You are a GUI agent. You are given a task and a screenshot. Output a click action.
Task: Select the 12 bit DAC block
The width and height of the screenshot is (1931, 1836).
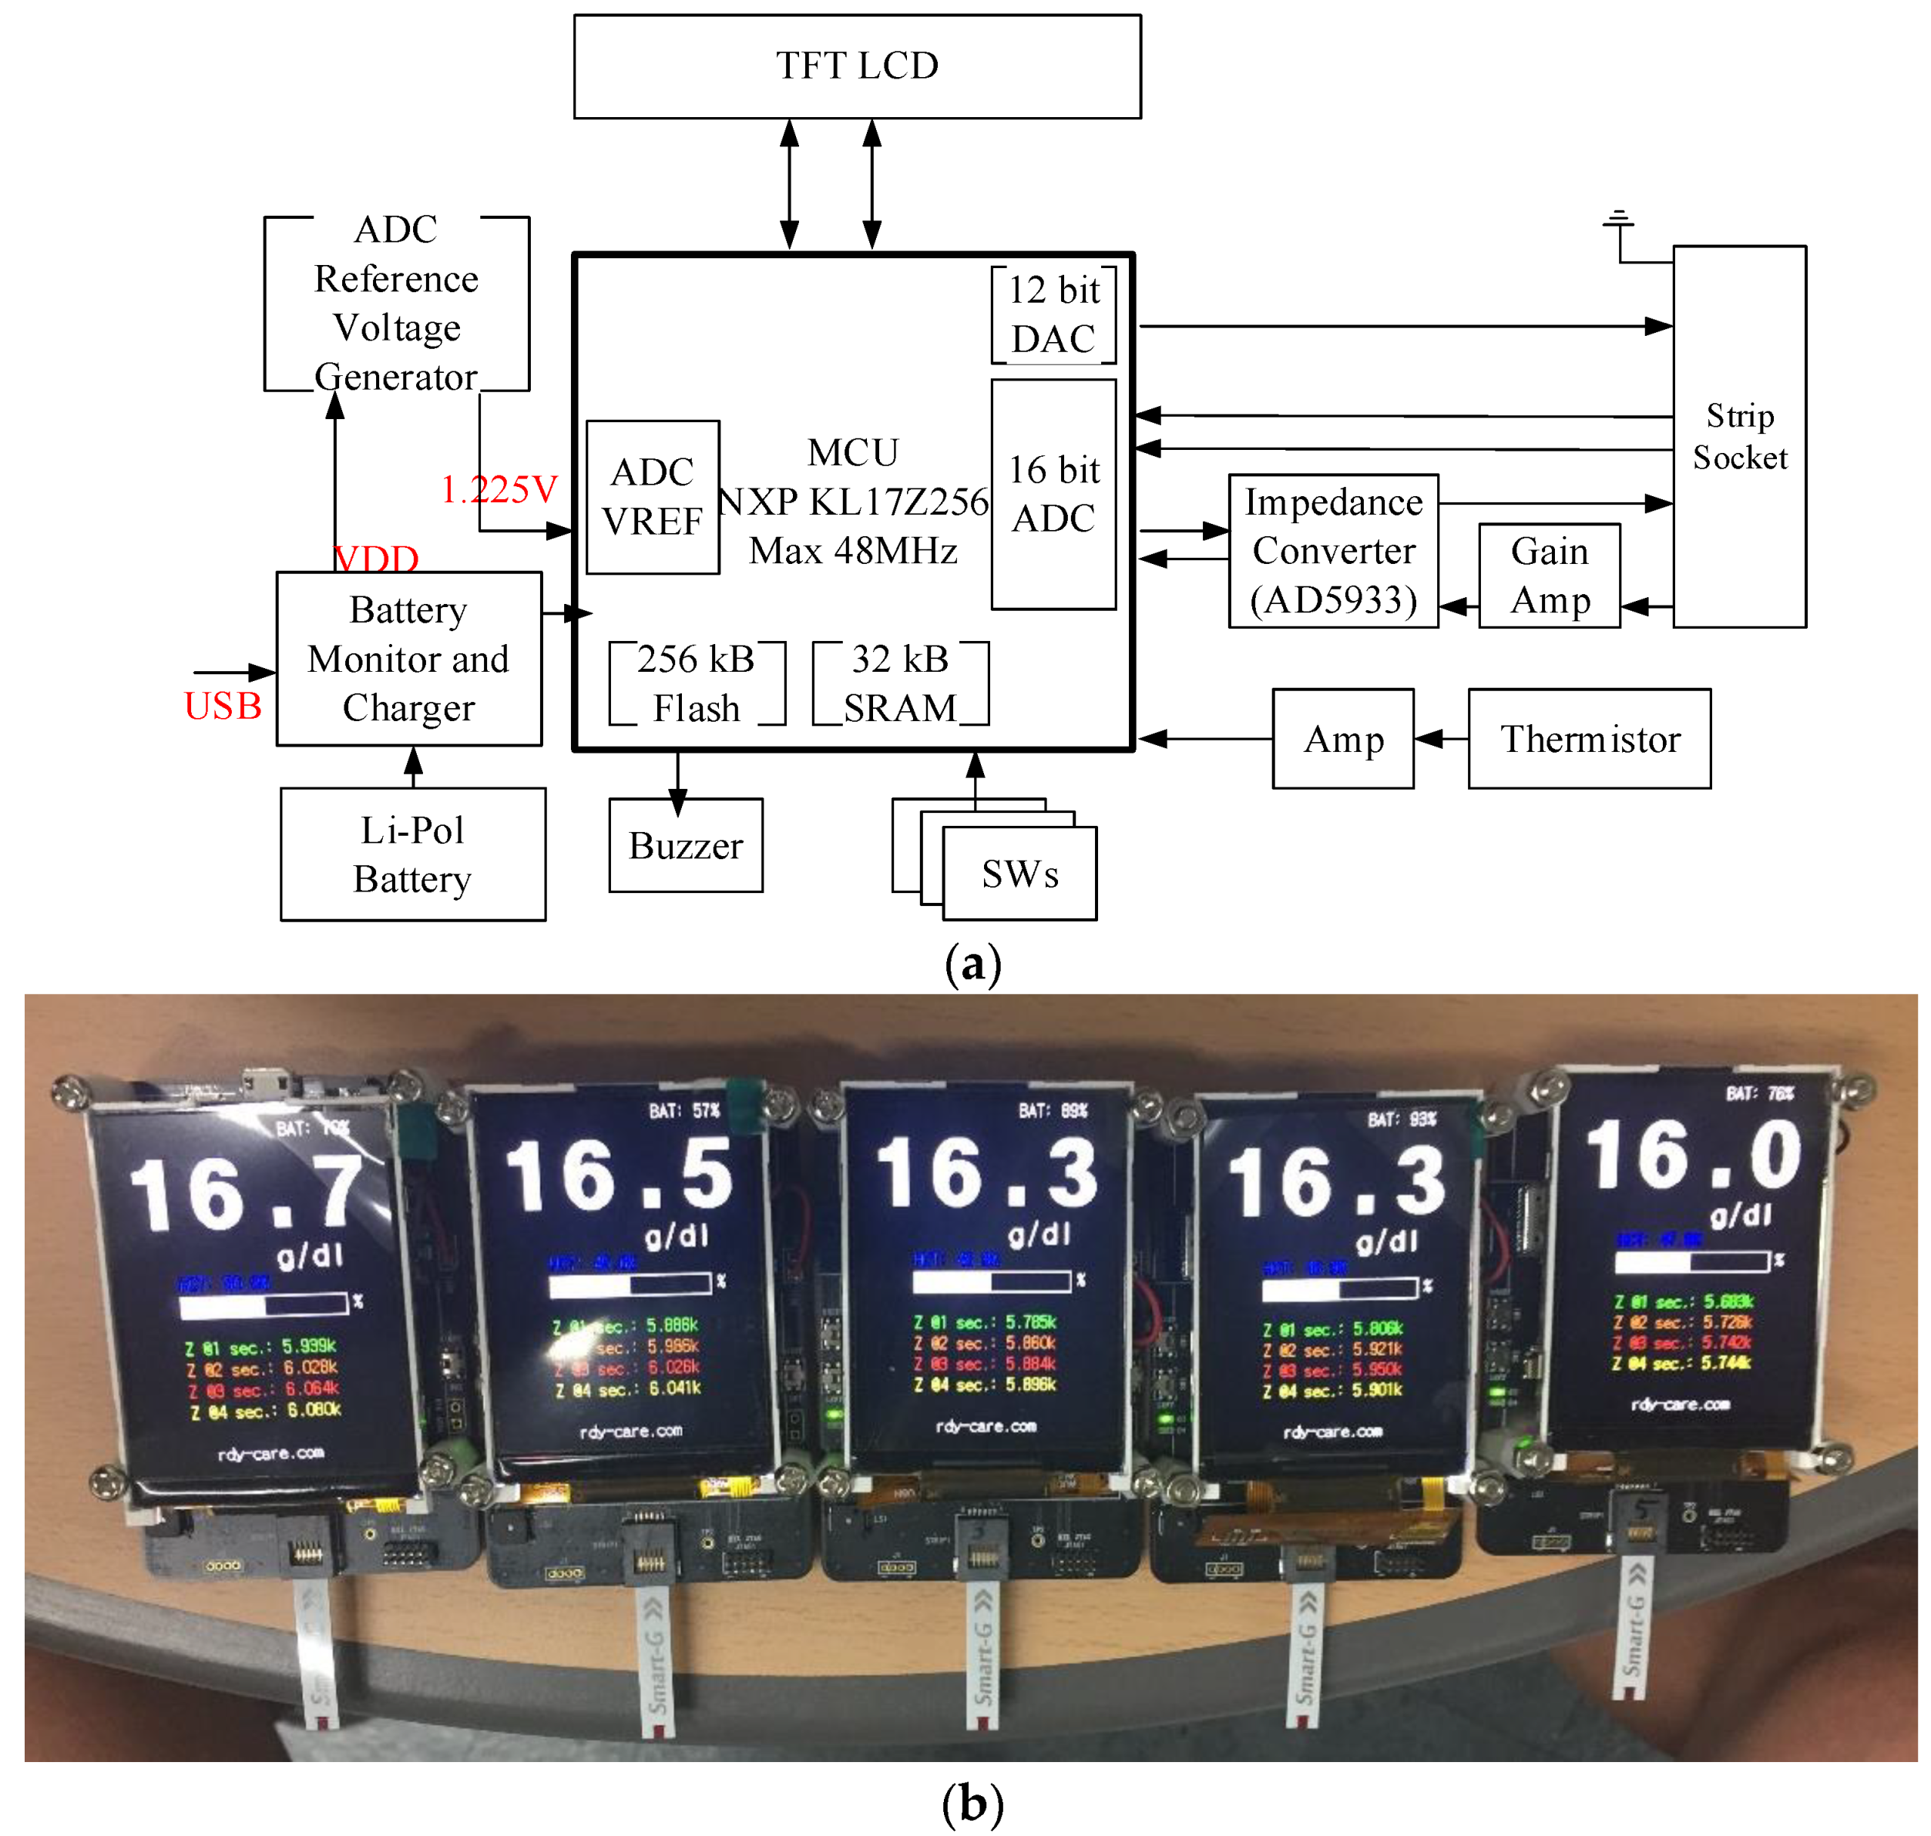tap(1053, 314)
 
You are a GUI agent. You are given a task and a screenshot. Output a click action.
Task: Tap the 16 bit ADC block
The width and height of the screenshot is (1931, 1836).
tap(1053, 494)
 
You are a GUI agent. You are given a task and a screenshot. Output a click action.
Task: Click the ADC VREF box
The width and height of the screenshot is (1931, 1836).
tap(652, 497)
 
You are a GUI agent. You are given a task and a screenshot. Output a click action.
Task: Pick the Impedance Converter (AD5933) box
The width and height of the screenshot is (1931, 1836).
tap(1333, 551)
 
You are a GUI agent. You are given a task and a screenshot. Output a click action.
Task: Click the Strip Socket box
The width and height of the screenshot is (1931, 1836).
tap(1738, 437)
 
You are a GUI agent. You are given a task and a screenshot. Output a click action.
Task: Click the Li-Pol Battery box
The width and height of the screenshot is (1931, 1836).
tap(412, 854)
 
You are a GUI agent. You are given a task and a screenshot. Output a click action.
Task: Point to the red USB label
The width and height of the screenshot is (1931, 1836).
tap(223, 707)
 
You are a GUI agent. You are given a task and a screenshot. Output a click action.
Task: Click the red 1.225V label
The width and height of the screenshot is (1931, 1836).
tap(499, 489)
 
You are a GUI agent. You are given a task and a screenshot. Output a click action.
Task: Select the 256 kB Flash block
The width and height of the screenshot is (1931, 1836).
tap(696, 683)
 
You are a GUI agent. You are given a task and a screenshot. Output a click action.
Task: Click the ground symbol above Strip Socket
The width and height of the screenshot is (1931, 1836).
tap(1618, 220)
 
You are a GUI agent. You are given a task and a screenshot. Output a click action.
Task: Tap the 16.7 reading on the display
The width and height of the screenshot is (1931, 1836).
tap(245, 1194)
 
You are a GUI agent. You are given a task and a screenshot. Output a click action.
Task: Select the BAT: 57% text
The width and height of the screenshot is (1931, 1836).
tap(684, 1111)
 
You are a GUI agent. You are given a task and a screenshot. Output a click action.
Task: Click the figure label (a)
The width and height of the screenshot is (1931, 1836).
tap(972, 965)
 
